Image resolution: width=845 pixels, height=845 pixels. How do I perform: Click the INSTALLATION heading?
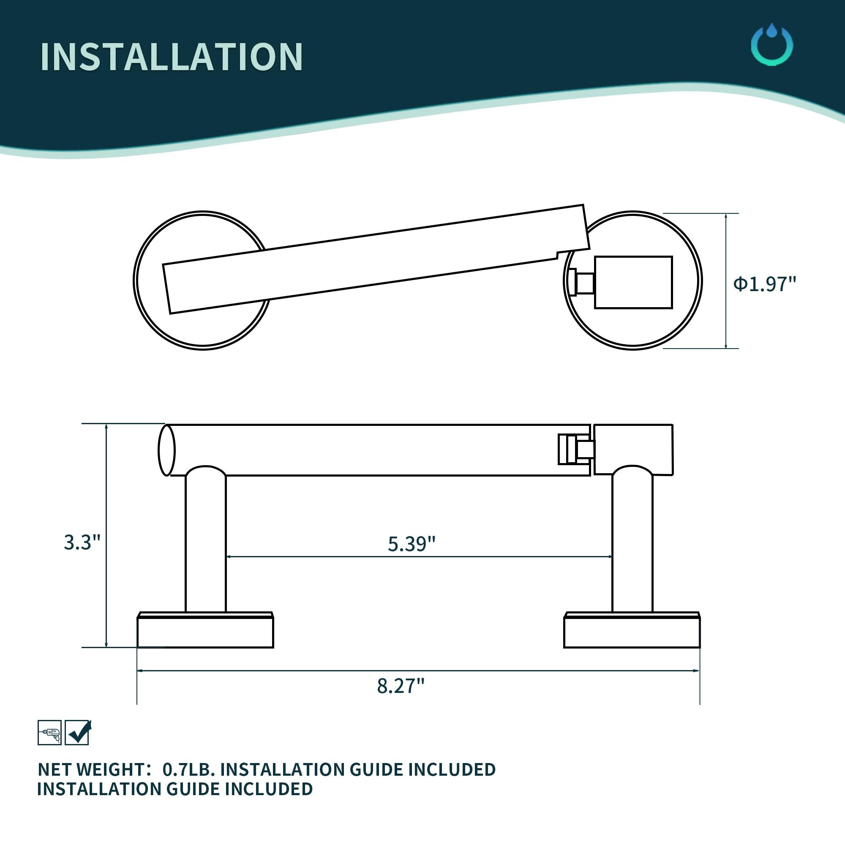[x=172, y=57]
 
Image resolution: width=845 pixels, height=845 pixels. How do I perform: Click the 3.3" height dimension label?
[x=82, y=542]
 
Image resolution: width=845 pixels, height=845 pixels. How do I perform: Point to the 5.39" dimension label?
[x=412, y=544]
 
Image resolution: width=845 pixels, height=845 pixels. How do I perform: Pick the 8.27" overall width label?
[x=401, y=685]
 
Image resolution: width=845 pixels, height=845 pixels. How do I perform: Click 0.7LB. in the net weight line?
[x=188, y=769]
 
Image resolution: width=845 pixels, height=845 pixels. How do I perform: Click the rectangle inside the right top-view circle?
[x=633, y=282]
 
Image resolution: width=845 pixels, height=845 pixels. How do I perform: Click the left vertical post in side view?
[x=206, y=542]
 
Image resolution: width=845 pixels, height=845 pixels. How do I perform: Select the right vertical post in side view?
[x=632, y=542]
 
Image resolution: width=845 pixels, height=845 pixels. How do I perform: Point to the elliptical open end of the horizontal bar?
[x=166, y=450]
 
